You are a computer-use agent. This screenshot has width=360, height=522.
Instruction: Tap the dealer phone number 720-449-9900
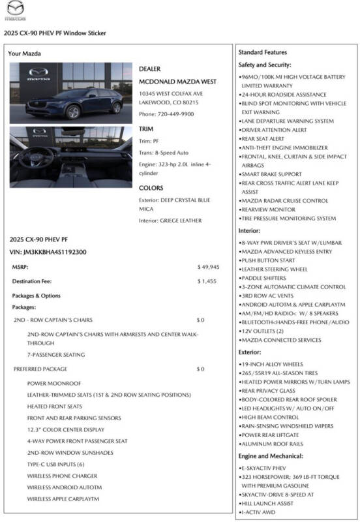point(166,114)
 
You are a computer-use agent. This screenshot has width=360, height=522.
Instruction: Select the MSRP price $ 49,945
point(208,267)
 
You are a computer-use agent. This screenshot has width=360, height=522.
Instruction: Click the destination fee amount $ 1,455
point(208,281)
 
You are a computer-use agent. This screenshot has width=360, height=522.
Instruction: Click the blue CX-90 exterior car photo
point(70,93)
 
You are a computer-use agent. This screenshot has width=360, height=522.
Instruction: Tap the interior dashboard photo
point(70,157)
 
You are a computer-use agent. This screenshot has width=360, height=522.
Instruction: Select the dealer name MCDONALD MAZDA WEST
point(177,82)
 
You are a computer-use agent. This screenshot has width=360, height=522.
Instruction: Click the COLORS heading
point(151,188)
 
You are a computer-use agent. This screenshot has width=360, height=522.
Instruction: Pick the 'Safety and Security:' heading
point(265,65)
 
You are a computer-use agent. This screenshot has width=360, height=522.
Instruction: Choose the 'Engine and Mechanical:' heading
point(271,456)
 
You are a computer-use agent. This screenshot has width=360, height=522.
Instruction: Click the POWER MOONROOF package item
point(54,384)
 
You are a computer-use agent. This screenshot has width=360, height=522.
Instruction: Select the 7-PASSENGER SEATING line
point(56,354)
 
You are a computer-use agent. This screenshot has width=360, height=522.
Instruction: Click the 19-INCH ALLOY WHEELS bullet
point(272,364)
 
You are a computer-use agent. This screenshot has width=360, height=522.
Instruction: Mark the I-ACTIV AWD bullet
point(260,513)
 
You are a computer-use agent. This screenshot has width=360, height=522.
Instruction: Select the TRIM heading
point(147,129)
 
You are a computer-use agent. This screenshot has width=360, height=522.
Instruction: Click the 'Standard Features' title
point(262,52)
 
